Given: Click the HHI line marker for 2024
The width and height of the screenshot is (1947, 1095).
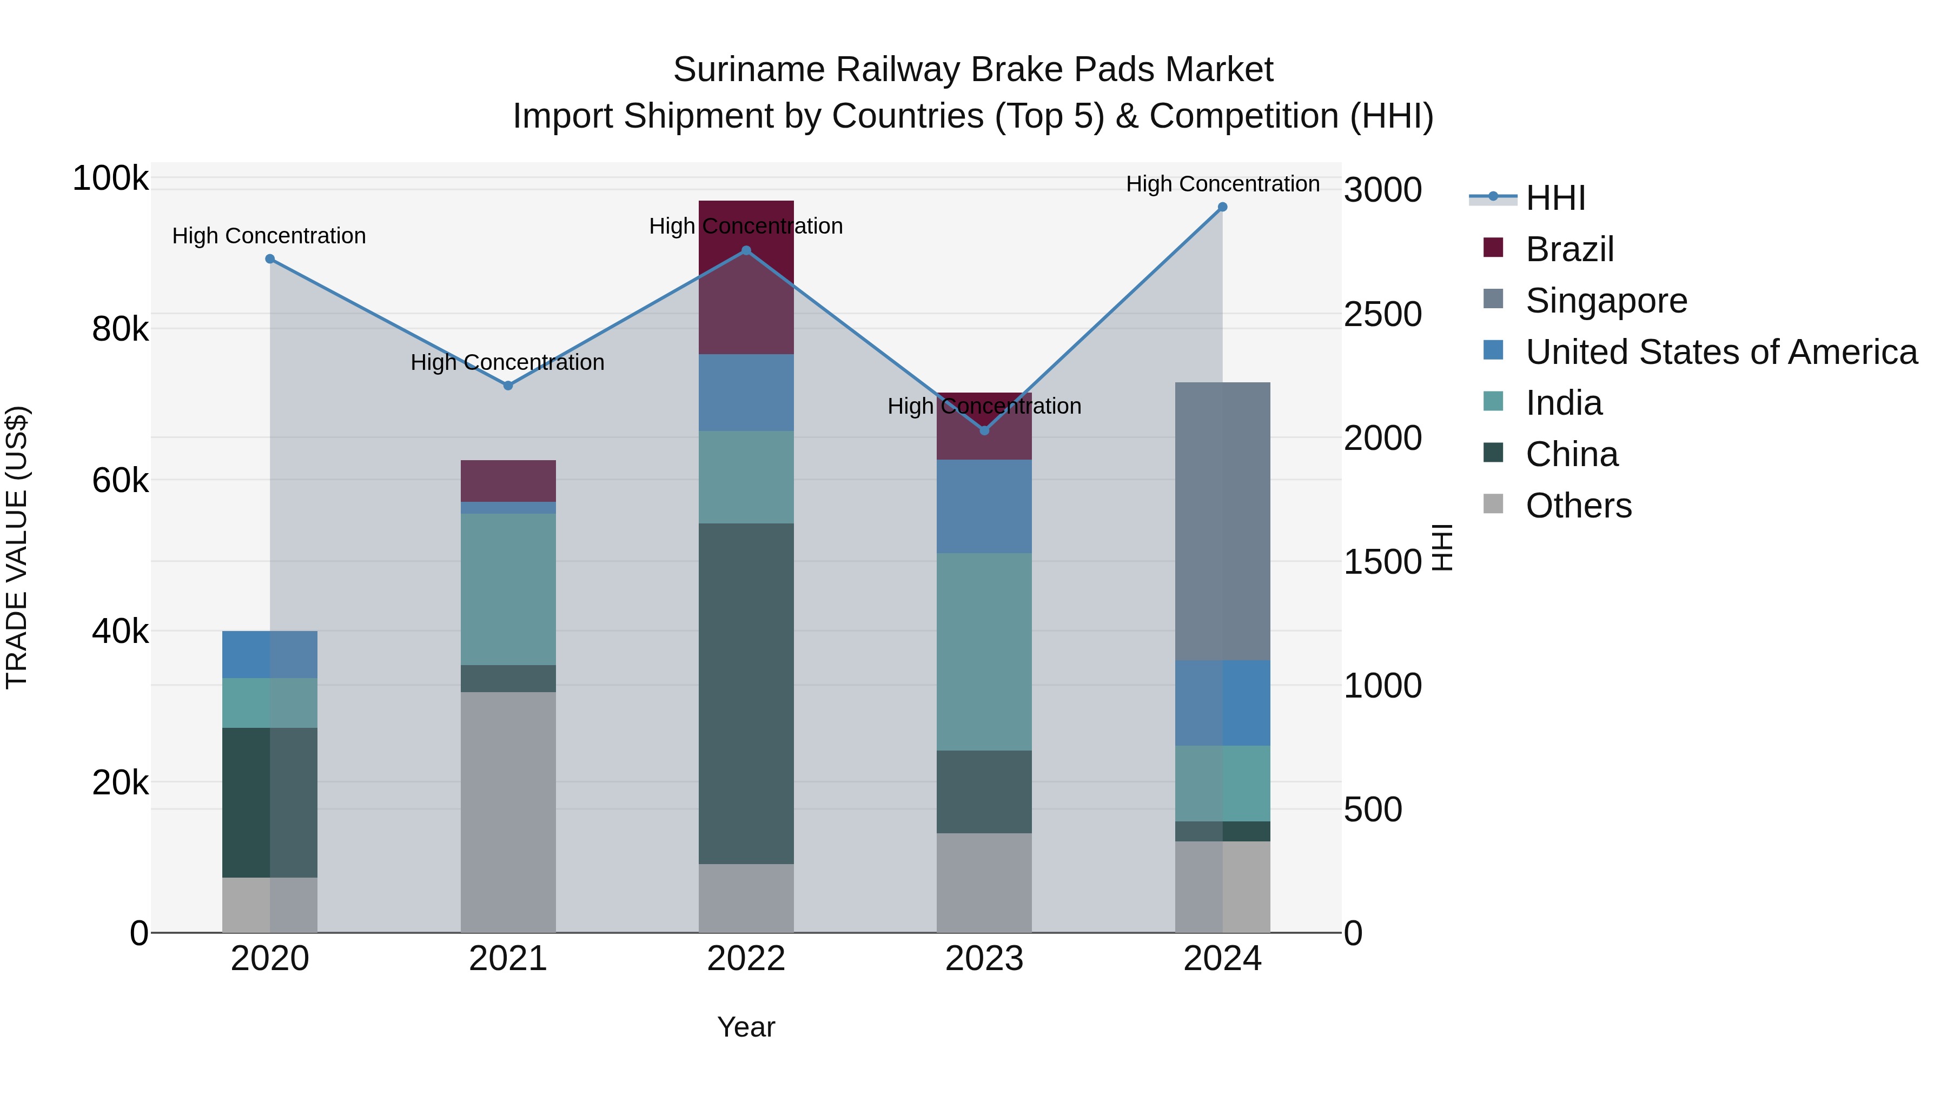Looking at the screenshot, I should click(1222, 207).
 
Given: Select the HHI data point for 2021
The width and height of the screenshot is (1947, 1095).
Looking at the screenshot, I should click(508, 386).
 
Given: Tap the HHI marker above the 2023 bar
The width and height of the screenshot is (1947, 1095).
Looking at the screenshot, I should click(984, 430).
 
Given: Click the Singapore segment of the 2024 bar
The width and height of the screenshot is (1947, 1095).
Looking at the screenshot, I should click(1222, 521).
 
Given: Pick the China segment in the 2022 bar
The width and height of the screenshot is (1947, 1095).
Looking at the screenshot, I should click(746, 693).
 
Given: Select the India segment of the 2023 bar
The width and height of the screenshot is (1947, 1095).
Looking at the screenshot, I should click(984, 652).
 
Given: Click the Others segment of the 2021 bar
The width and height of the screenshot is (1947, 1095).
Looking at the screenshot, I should click(508, 812).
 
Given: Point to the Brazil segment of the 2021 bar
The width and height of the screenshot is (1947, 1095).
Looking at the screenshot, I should click(508, 481).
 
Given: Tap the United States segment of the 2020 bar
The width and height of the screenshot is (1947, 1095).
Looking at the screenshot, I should click(270, 654).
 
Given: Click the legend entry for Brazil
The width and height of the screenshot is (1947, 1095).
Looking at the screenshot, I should click(1569, 249).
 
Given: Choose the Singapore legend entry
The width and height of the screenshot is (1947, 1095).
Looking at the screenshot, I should click(1605, 301).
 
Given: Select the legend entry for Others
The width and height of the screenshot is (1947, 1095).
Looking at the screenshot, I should click(1578, 506).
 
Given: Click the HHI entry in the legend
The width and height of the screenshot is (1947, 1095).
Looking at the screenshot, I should click(1555, 198).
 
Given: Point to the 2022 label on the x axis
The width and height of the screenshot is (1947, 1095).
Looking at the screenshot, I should click(746, 959).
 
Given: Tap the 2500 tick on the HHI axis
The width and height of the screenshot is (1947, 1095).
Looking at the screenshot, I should click(1382, 314).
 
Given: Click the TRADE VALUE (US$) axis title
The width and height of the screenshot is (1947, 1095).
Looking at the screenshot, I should click(17, 547).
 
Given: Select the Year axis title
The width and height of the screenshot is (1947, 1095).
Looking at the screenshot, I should click(746, 1027).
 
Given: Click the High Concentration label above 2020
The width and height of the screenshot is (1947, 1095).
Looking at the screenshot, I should click(269, 236).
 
